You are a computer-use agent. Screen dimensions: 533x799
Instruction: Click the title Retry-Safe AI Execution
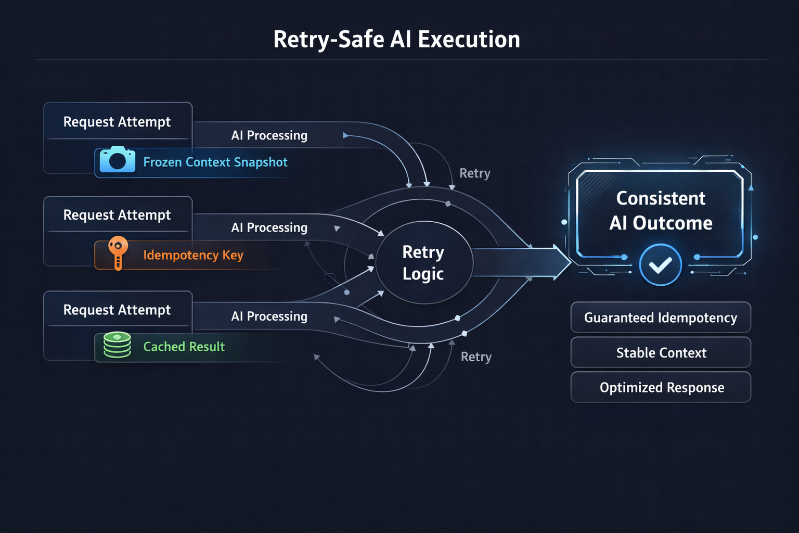(396, 40)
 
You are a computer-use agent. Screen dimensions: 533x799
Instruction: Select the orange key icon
(118, 252)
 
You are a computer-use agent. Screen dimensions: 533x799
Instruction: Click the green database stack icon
(117, 345)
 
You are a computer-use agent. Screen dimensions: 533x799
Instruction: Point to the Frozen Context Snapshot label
(215, 162)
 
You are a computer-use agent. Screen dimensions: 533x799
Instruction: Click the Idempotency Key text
(193, 255)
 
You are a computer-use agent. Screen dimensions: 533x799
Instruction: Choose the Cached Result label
(184, 347)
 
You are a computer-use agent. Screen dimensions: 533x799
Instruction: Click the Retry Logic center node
(423, 263)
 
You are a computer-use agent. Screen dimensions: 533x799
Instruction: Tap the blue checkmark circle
(660, 265)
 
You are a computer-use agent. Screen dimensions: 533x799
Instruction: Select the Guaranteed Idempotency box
(660, 318)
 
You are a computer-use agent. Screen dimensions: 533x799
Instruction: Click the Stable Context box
(661, 353)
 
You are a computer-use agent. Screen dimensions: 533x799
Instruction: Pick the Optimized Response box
(661, 388)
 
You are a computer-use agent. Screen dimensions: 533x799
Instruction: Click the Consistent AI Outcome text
(661, 210)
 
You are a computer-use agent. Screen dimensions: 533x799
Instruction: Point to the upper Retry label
(474, 173)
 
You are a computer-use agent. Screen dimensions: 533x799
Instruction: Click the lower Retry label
(476, 357)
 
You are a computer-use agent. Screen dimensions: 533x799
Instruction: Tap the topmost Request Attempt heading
(117, 122)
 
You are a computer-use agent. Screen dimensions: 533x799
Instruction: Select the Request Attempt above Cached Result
(117, 310)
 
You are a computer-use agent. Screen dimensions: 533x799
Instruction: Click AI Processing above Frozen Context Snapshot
(269, 135)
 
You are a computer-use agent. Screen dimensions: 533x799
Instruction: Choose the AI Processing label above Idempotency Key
(269, 227)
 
